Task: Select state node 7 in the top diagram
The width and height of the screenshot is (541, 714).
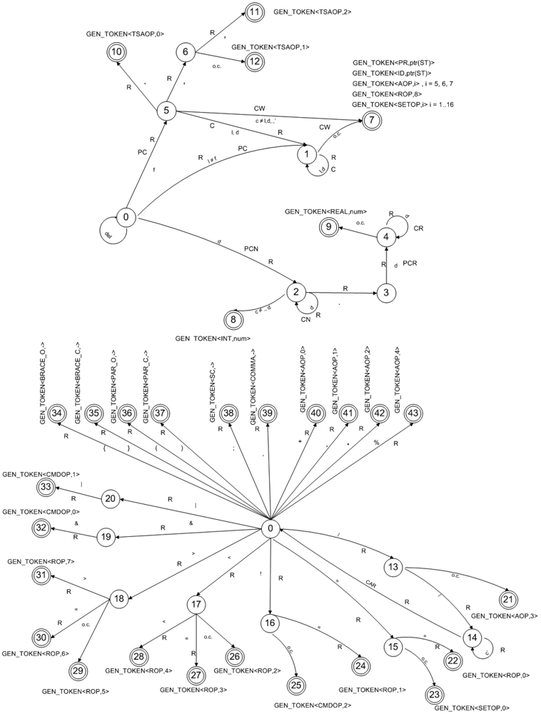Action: (371, 120)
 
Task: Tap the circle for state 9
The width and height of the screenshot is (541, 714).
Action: (327, 227)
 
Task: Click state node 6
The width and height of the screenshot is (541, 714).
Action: (185, 52)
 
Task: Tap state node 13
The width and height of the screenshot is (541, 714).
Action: (393, 568)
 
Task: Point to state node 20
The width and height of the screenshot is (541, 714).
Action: (110, 498)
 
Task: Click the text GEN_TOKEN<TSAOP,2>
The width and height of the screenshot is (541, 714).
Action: (312, 12)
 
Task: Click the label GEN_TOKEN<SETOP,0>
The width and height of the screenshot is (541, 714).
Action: (471, 707)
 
